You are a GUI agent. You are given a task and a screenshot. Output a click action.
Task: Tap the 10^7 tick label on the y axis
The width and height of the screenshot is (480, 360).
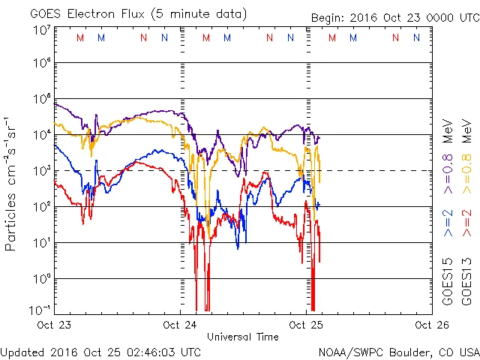click(x=40, y=30)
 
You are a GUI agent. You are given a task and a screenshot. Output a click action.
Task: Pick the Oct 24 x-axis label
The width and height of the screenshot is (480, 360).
click(x=180, y=325)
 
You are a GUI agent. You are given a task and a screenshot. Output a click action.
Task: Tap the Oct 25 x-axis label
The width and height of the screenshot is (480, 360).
click(x=304, y=325)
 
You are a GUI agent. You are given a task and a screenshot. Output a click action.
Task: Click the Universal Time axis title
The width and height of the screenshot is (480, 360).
click(x=242, y=337)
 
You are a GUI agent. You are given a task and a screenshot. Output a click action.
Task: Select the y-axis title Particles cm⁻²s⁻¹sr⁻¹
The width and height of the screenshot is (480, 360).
click(x=13, y=183)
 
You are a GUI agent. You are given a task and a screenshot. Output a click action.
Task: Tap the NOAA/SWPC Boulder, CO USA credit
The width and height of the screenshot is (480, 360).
click(x=398, y=352)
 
